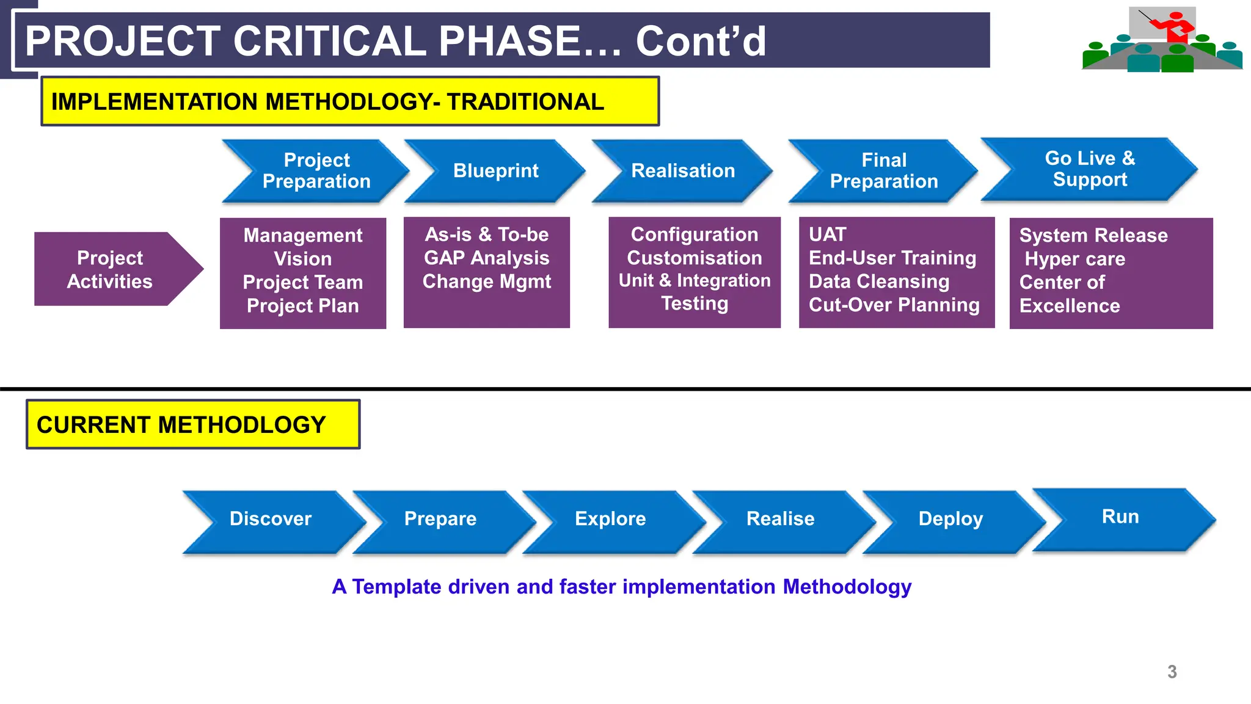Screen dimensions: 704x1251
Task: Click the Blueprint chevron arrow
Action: [x=495, y=171]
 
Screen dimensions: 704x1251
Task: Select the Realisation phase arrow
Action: [x=682, y=171]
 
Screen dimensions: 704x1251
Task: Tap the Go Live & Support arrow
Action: [x=1090, y=169]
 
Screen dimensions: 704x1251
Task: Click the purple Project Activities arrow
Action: [x=111, y=269]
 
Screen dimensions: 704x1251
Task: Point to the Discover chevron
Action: [x=271, y=519]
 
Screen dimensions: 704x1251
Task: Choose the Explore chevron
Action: [x=610, y=519]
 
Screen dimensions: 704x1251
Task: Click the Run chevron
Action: [x=1120, y=517]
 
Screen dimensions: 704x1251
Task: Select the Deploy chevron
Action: [x=950, y=519]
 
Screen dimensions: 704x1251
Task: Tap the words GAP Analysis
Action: [x=486, y=258]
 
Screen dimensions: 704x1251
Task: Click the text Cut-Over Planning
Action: [x=894, y=305]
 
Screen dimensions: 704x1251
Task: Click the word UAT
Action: [x=827, y=234]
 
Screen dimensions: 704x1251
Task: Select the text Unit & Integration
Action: [x=695, y=281]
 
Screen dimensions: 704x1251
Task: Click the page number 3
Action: [x=1172, y=672]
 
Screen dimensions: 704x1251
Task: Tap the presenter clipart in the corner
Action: [x=1162, y=40]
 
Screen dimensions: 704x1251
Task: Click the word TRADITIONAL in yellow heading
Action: [x=525, y=102]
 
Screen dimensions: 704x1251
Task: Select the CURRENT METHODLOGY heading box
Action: [x=193, y=424]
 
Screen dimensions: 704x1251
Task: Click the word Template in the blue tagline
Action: [x=396, y=587]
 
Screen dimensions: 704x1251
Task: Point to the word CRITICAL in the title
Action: [x=329, y=41]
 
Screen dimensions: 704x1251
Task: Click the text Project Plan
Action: [x=302, y=306]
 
